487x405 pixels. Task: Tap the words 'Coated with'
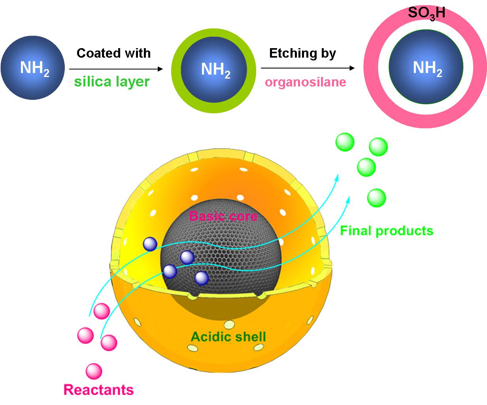coord(113,53)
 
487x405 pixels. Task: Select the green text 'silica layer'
coord(112,82)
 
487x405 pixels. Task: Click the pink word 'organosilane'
coord(305,82)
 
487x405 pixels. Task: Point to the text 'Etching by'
coord(302,53)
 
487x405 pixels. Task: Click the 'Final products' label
coord(386,231)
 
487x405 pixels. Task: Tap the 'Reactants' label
coord(98,390)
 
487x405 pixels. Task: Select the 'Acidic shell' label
coord(228,337)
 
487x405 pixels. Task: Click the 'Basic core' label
coord(223,216)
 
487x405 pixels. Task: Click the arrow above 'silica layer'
coord(116,69)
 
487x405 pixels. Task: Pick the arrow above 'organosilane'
coord(308,68)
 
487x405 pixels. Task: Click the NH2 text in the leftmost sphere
coord(34,69)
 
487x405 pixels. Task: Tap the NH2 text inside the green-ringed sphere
coord(215,70)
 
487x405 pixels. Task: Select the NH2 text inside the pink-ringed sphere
coord(427,69)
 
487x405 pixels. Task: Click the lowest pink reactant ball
coord(94,371)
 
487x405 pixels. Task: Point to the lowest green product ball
coord(376,198)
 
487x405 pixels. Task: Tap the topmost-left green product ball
coord(345,142)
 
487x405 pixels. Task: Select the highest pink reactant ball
coord(101,311)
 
